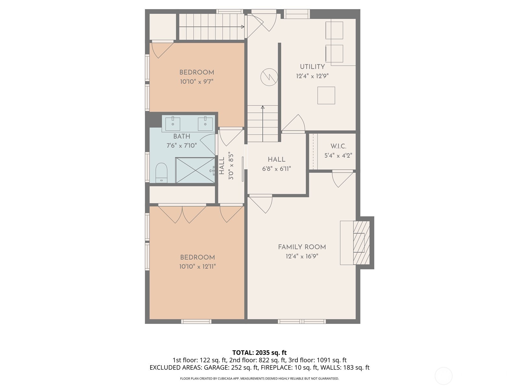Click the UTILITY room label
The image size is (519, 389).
pos(312,67)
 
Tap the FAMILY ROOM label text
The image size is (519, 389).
pos(302,247)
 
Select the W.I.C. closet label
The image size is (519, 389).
pos(338,146)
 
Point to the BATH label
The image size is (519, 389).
pos(182,136)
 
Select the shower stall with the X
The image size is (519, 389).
pos(195,170)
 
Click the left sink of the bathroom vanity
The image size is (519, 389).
pos(173,124)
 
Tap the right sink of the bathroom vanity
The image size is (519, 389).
pos(205,124)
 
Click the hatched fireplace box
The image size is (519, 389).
pos(361,242)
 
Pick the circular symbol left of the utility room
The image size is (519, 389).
pos(269,77)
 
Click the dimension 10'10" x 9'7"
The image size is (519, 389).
pos(197,82)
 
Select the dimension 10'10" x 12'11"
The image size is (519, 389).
pos(197,267)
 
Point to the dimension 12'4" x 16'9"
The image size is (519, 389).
pos(302,256)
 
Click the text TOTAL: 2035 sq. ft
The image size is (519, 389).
pos(259,353)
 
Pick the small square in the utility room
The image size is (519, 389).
pos(326,95)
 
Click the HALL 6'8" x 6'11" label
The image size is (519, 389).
pos(276,164)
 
